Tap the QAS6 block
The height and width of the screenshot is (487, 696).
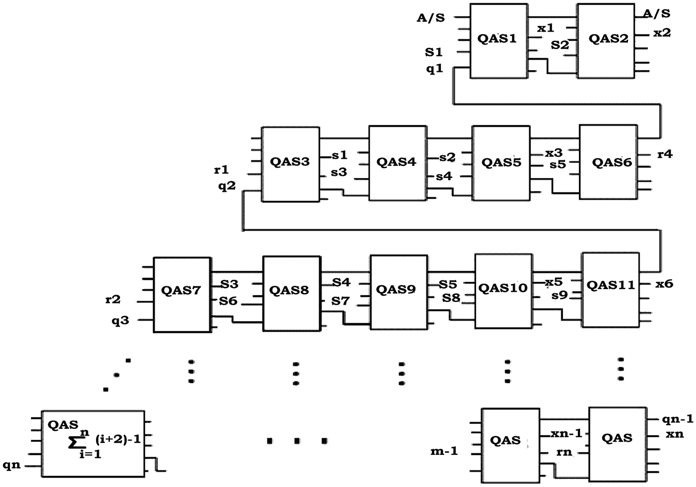608,163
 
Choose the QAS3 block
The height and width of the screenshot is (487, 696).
290,163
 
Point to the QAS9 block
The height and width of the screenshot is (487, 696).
398,289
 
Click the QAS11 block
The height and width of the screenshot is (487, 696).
610,286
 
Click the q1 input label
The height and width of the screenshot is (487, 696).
435,70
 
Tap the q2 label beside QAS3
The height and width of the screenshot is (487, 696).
226,186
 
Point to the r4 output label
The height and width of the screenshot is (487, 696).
665,155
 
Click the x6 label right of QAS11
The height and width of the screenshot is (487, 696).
664,284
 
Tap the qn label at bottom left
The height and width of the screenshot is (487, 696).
12,465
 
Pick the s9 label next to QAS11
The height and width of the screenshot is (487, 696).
560,296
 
